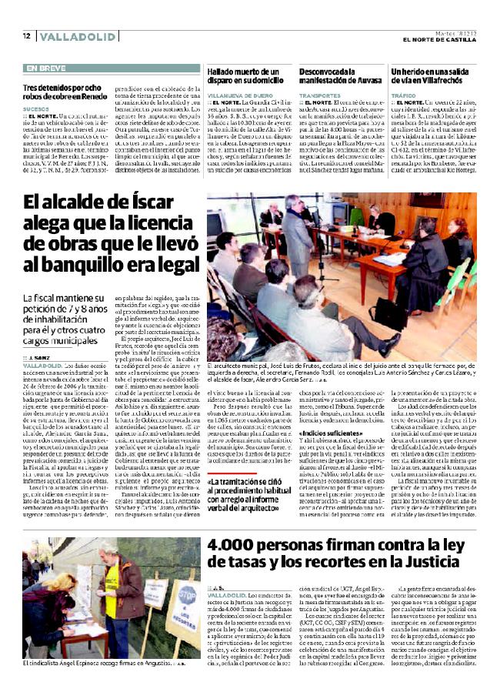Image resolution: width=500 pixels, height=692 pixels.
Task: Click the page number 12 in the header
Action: pos(26,36)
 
